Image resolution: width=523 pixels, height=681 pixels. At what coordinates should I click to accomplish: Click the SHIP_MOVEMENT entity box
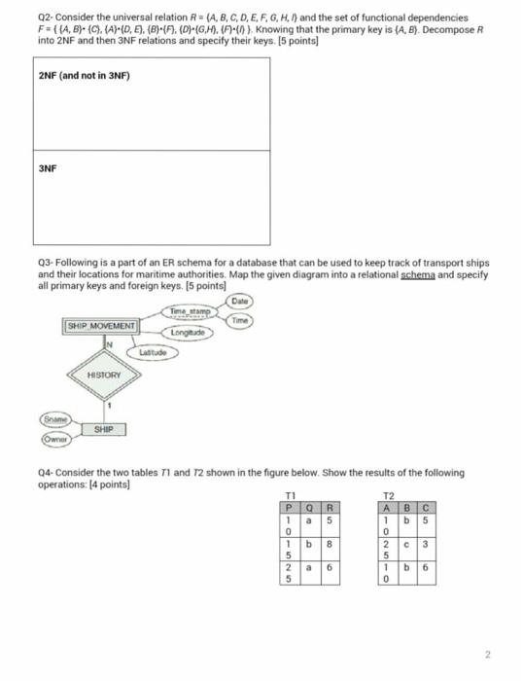[102, 325]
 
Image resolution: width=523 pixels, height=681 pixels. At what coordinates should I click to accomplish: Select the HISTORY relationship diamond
[103, 375]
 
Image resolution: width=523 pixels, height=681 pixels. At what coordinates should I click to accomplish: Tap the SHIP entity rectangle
[104, 429]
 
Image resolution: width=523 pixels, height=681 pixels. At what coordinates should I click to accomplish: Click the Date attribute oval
[241, 301]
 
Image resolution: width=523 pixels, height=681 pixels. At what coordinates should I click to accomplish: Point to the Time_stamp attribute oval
[191, 311]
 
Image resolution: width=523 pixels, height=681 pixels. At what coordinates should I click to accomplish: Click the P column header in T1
[289, 506]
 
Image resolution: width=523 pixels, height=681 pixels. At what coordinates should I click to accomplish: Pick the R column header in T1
[331, 506]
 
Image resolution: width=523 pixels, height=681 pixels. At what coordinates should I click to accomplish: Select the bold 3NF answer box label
[48, 167]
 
